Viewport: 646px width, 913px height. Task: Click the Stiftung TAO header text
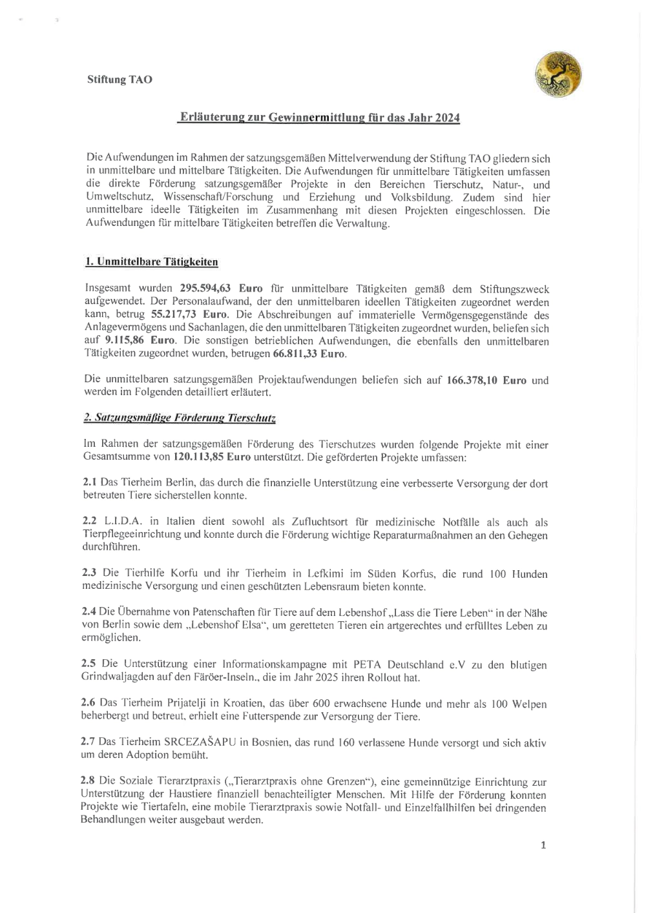coord(120,80)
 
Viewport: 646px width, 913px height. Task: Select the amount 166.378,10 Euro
coord(486,380)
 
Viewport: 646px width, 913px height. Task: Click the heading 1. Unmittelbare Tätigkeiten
coord(152,262)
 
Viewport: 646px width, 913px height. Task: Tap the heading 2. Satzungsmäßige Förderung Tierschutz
coord(180,418)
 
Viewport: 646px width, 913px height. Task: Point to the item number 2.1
coord(90,483)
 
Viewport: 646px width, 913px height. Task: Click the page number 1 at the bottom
coord(543,845)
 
